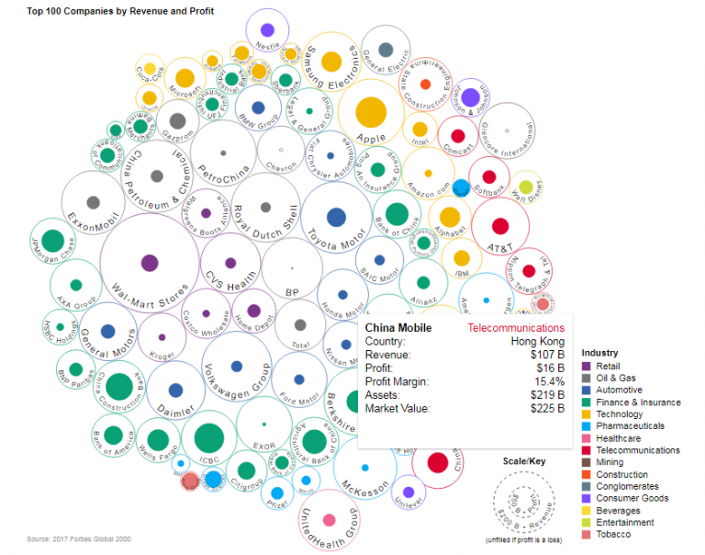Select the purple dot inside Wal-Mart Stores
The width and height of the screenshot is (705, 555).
tap(147, 263)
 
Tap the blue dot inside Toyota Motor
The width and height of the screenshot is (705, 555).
tap(336, 217)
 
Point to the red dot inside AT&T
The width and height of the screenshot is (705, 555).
tap(500, 225)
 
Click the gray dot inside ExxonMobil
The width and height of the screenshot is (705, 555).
tap(93, 202)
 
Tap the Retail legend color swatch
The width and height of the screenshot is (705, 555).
tap(587, 367)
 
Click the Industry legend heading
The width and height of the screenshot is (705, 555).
tap(599, 353)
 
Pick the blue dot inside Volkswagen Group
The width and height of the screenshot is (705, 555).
tap(236, 366)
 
